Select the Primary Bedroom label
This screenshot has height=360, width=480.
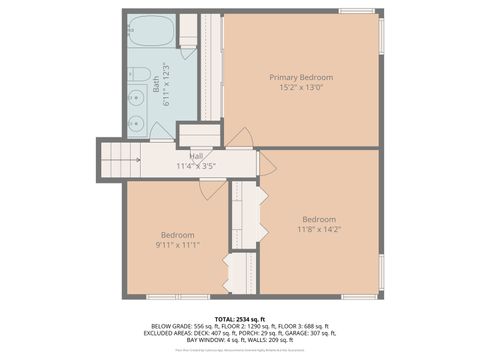[x=301, y=78]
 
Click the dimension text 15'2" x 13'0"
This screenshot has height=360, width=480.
[x=301, y=88]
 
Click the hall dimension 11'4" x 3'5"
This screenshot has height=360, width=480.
[x=196, y=165]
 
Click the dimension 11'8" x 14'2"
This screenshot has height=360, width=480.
[x=320, y=230]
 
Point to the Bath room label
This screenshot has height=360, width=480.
[x=156, y=86]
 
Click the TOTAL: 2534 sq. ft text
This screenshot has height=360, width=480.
[x=240, y=318]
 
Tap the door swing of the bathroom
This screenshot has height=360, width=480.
[x=160, y=132]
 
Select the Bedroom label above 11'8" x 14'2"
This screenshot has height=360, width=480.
[x=320, y=219]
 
